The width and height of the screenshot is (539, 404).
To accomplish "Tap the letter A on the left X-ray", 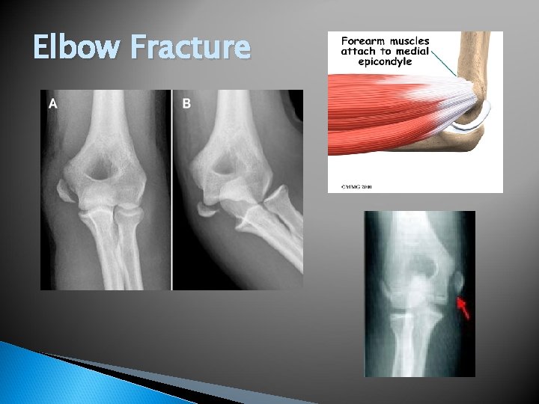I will [52, 105].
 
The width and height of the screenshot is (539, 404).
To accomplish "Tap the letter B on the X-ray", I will [186, 104].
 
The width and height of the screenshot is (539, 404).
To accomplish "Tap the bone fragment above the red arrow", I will [457, 282].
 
